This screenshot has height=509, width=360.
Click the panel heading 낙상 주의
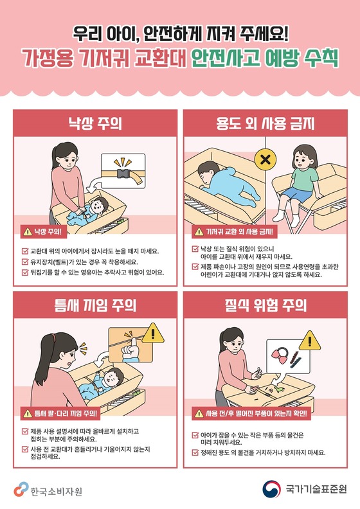click(x=94, y=123)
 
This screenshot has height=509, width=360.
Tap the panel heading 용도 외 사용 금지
click(x=265, y=123)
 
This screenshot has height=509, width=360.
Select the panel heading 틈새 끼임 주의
click(x=94, y=305)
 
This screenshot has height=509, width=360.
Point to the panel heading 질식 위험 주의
click(x=265, y=305)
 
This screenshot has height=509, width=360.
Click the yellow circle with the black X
click(x=265, y=160)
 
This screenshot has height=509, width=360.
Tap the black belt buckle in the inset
click(x=123, y=174)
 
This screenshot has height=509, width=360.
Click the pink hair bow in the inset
click(x=280, y=357)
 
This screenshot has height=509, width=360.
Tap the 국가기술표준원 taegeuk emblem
click(x=271, y=489)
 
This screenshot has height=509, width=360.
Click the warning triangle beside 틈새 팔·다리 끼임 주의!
click(x=28, y=414)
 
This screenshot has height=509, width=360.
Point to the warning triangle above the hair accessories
click(x=310, y=341)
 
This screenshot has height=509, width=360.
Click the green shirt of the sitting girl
click(x=304, y=178)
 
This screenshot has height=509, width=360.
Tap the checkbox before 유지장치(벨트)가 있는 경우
click(x=25, y=262)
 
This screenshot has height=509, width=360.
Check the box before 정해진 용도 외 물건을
click(x=195, y=452)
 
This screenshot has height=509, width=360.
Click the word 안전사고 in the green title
click(x=225, y=59)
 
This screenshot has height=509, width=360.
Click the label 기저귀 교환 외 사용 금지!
click(x=240, y=232)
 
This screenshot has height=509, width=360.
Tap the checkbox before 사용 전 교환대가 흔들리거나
click(x=25, y=450)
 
